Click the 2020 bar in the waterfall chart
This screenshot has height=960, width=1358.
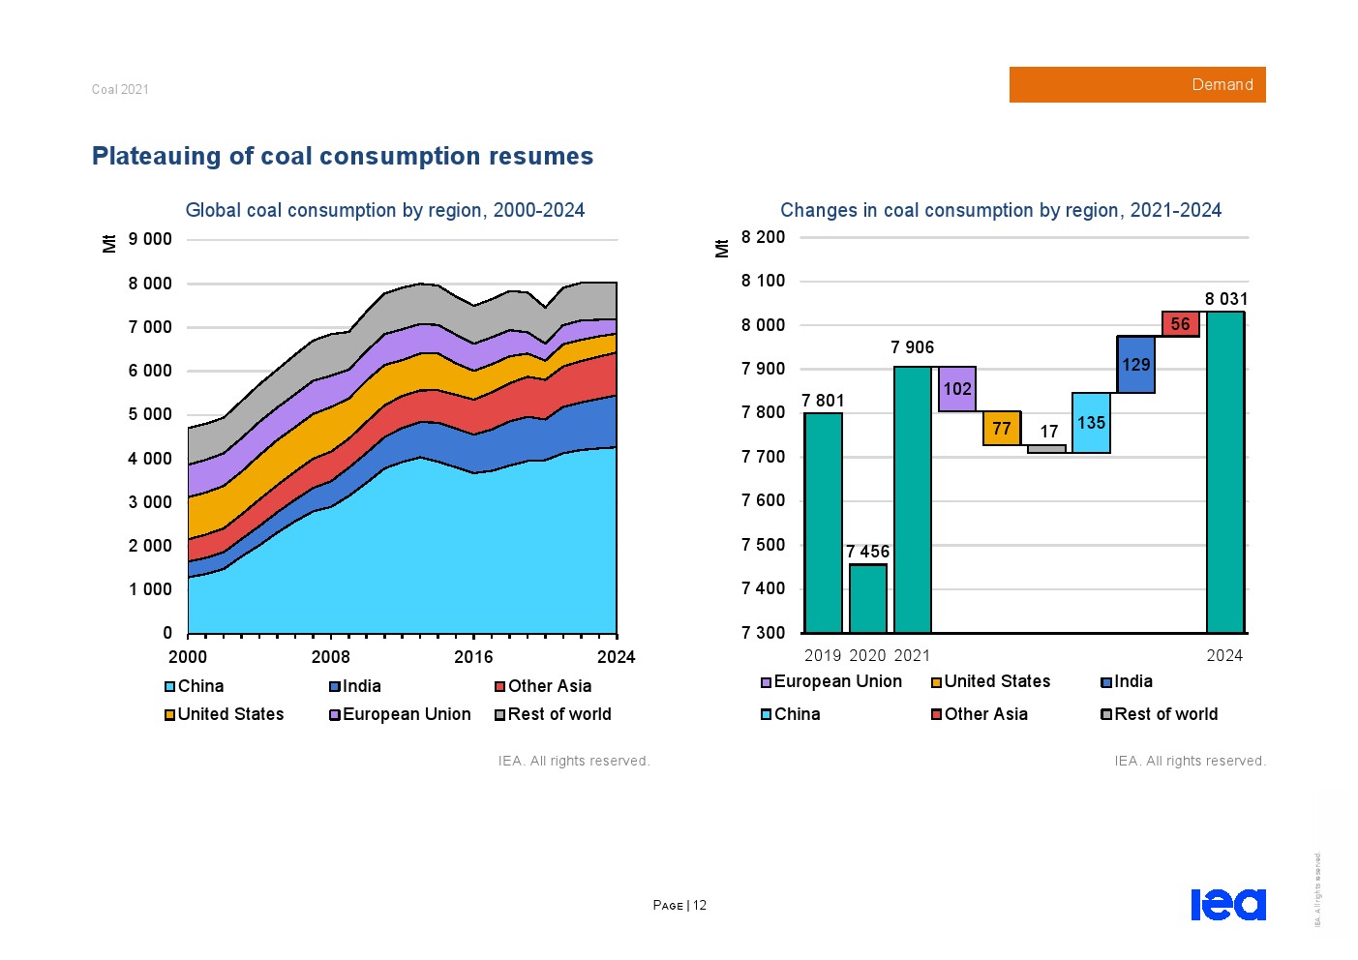[867, 598]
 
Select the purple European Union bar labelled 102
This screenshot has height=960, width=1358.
[956, 389]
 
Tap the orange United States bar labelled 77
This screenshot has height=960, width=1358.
[1002, 428]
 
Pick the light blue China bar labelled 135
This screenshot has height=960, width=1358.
[1091, 423]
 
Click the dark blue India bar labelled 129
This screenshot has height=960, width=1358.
[1135, 365]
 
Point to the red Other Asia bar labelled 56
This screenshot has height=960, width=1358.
[1180, 324]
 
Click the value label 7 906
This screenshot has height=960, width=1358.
[912, 347]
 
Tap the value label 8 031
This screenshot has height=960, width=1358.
[1225, 299]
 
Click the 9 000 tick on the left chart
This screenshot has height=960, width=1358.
[150, 239]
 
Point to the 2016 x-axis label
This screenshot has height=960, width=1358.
[473, 657]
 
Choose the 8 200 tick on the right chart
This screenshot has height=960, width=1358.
[763, 237]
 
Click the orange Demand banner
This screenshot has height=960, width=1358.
[1136, 85]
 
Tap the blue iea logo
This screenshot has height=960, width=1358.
[1227, 904]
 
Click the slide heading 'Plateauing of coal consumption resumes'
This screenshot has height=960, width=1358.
[343, 156]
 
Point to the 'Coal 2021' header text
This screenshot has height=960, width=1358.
[120, 89]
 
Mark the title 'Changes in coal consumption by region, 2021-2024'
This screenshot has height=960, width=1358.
[1001, 210]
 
